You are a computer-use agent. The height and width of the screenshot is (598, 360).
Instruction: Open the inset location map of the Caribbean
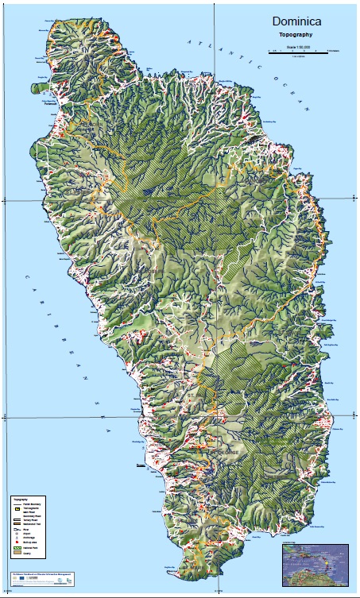[x=315, y=563]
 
